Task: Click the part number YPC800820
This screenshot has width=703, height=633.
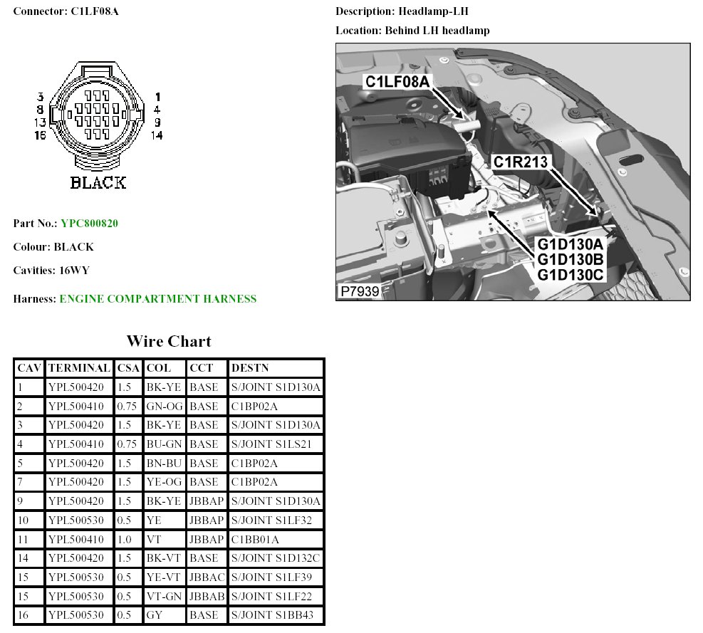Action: pyautogui.click(x=89, y=224)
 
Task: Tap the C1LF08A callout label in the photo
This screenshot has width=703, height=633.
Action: pyautogui.click(x=397, y=82)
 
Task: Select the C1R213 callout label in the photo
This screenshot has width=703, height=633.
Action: pyautogui.click(x=521, y=162)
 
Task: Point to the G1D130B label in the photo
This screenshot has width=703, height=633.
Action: pyautogui.click(x=571, y=260)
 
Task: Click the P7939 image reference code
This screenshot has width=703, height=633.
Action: pyautogui.click(x=360, y=291)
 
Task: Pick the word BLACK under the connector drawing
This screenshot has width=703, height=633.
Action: pyautogui.click(x=98, y=182)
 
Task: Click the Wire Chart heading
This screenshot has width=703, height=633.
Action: pyautogui.click(x=169, y=341)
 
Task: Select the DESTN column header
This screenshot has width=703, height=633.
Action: pyautogui.click(x=250, y=368)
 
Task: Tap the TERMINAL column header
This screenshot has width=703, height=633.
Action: pyautogui.click(x=79, y=368)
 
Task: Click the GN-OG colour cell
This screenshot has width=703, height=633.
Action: pyautogui.click(x=165, y=406)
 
